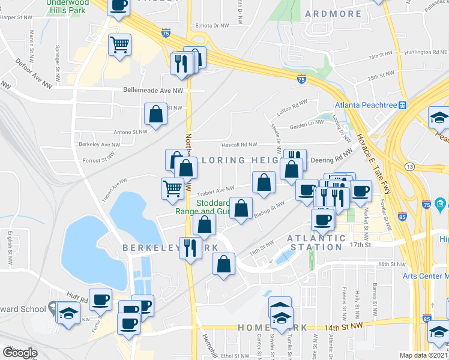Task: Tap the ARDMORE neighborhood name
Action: [x=333, y=14]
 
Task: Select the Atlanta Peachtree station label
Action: [x=366, y=105]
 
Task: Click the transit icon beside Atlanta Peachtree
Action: [x=403, y=105]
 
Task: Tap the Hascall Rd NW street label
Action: [x=239, y=145]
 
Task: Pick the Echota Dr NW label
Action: [x=212, y=26]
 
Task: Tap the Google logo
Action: [x=20, y=353]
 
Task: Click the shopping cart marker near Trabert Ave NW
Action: [x=172, y=188]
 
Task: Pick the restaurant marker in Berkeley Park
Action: [x=190, y=247]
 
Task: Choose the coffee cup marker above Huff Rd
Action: [x=100, y=299]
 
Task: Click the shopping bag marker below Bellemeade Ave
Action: [x=155, y=114]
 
